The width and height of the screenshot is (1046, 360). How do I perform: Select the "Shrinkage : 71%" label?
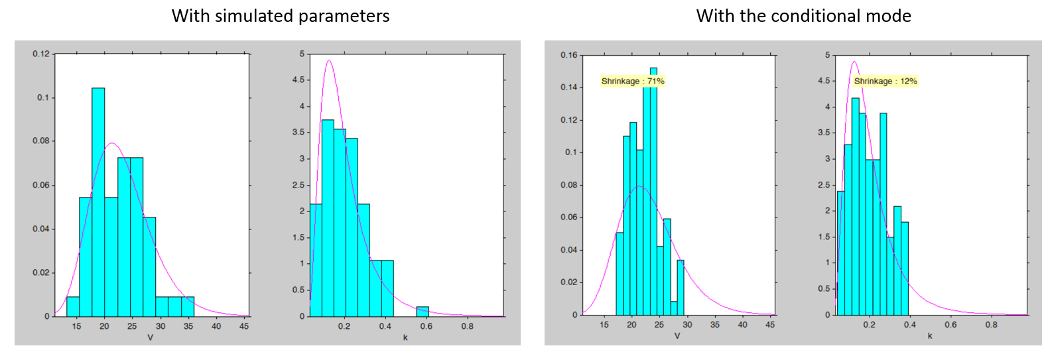(x=632, y=81)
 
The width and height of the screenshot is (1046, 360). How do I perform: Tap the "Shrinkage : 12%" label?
(x=885, y=81)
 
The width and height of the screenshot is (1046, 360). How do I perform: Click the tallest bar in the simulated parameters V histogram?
(x=98, y=199)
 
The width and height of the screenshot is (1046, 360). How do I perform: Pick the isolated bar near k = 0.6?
(x=422, y=312)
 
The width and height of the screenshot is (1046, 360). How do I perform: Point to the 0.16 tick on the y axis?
(x=568, y=55)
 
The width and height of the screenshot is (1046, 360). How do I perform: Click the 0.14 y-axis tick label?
(x=568, y=88)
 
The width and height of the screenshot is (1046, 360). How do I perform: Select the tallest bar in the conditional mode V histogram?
(x=653, y=192)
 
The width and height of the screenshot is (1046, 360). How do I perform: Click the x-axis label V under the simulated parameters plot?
(x=150, y=337)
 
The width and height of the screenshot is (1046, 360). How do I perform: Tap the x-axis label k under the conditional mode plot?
(x=929, y=336)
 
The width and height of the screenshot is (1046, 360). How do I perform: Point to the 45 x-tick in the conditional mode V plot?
(x=769, y=325)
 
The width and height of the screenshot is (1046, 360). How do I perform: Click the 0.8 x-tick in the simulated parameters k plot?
(x=467, y=326)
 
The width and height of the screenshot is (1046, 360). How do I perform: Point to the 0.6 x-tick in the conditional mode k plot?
(x=950, y=325)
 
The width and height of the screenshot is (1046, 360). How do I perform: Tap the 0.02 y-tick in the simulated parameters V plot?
(x=41, y=272)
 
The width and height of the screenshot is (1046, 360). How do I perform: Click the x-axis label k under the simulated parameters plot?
(x=405, y=337)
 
